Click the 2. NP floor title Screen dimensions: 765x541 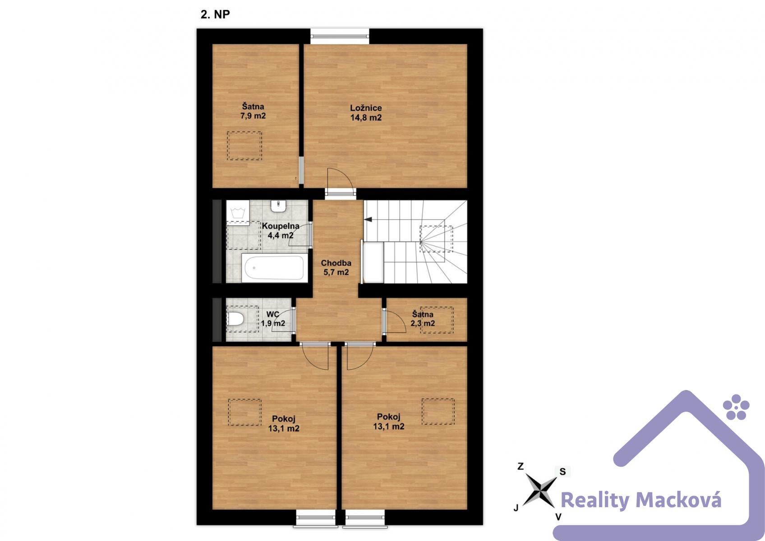pos(215,14)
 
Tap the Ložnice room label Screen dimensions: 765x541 pos(366,108)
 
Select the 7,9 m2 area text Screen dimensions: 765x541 pos(253,116)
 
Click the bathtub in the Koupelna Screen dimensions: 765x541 pos(273,268)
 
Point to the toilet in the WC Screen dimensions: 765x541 pos(235,319)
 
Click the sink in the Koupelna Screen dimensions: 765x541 pos(278,206)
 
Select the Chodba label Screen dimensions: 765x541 pos(336,263)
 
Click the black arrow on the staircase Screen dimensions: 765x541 pos(368,220)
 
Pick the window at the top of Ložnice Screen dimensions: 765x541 pos(340,36)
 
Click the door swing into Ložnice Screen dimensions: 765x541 pos(340,179)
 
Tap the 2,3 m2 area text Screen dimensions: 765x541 pos(423,323)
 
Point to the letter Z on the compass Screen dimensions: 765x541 pos(521,466)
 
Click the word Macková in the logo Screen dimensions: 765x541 pos(678,500)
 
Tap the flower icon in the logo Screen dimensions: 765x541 pos(736,407)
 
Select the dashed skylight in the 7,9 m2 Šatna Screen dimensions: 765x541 pos(244,146)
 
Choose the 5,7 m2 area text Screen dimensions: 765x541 pos(336,272)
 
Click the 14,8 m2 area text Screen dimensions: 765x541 pos(366,117)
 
